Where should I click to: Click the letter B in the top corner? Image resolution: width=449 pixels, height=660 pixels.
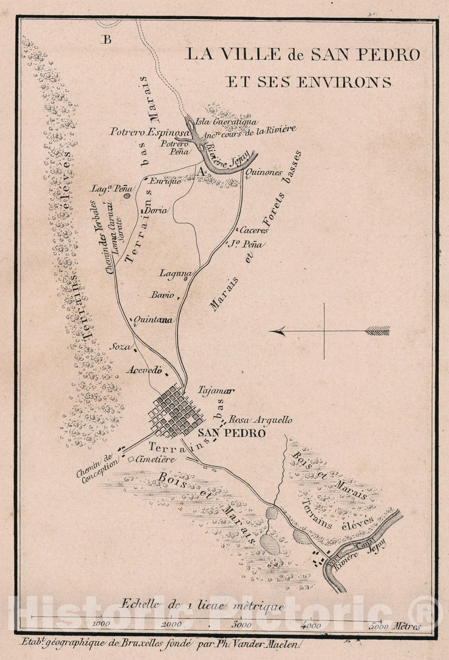coord(108,40)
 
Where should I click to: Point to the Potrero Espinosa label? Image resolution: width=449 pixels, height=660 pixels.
coord(149,132)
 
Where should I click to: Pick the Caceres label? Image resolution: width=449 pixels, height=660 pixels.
coord(254,230)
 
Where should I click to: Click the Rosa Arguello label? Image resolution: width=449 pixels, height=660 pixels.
coord(261,420)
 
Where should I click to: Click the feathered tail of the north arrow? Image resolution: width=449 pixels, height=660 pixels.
coord(378,330)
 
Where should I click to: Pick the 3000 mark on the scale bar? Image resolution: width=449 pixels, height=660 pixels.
coord(242,625)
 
